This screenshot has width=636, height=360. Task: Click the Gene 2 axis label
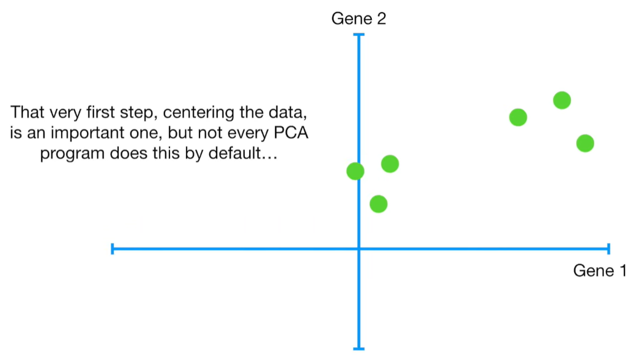pos(358,19)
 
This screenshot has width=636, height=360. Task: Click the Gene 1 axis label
pos(599,271)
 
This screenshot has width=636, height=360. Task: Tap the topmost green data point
pos(561,100)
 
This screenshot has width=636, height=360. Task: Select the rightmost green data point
pos(585,143)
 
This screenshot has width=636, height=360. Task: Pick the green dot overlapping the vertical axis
pos(355,171)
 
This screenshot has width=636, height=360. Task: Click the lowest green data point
pos(378,204)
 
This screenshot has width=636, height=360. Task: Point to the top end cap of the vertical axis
pos(359,35)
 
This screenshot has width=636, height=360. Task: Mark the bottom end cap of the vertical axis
pos(359,349)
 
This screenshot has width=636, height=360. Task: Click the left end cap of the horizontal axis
pos(113,249)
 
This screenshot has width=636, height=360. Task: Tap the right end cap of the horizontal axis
pos(608,249)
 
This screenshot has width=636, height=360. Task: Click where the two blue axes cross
pos(359,249)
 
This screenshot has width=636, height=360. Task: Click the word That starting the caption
pos(28,113)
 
